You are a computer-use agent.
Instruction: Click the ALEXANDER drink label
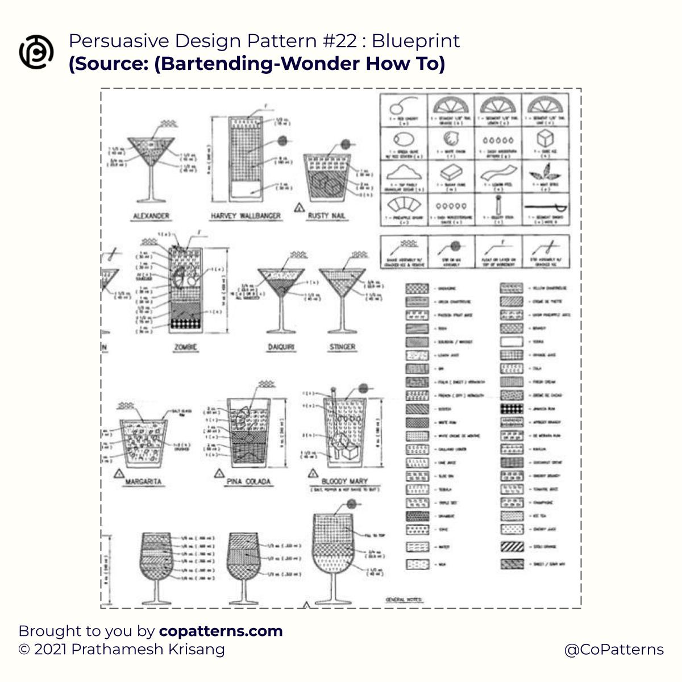tap(151, 216)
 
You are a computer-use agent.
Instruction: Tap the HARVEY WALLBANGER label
tap(246, 216)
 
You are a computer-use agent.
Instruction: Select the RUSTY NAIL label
tap(326, 215)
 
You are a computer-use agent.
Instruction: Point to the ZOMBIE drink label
tap(185, 347)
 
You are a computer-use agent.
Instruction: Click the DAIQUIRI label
tap(281, 347)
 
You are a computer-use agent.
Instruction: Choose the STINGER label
tap(342, 347)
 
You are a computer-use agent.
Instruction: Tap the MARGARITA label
tap(144, 481)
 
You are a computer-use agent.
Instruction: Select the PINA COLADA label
tap(248, 481)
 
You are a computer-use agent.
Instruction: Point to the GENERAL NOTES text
tap(404, 600)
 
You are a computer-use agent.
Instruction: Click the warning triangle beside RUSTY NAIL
tap(298, 208)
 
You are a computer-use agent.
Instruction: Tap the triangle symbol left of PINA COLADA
tap(219, 473)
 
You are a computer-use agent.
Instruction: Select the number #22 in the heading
tap(339, 41)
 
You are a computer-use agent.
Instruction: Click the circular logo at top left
tap(36, 52)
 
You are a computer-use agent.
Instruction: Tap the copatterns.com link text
tap(221, 631)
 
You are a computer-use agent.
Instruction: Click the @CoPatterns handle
tap(614, 650)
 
